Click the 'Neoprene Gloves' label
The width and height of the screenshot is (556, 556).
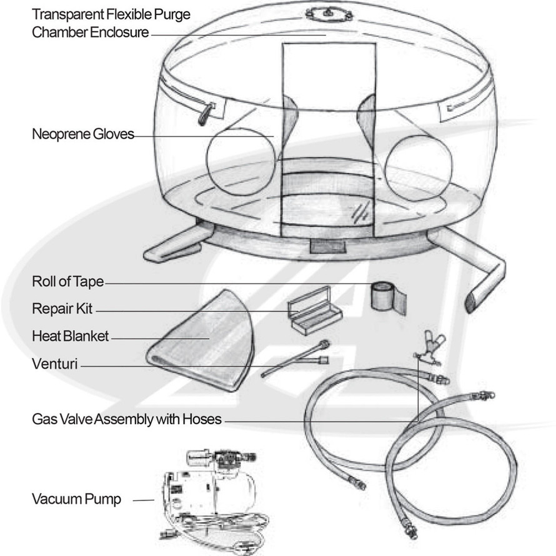coord(82,134)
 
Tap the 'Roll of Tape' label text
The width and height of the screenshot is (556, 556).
coord(67,282)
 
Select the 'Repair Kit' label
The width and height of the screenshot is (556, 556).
coord(62,309)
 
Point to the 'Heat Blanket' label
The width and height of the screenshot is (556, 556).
coord(70,336)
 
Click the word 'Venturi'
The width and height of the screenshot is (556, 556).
coord(55,364)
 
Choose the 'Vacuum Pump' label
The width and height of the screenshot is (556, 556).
coord(76,499)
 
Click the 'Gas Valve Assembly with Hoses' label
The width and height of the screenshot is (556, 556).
coord(127,419)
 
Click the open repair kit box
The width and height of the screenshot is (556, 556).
coord(315,310)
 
